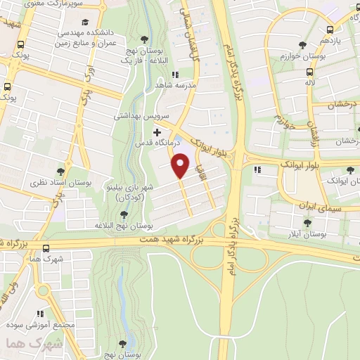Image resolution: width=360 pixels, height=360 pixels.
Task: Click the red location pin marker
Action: click(181, 165)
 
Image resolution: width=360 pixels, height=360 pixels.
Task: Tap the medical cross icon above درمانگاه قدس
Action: click(157, 132)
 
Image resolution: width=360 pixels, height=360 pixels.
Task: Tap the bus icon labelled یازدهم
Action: click(330, 30)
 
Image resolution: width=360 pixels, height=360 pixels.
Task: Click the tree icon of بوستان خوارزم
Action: click(307, 45)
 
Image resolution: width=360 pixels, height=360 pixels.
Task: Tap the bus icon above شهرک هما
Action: click(46, 248)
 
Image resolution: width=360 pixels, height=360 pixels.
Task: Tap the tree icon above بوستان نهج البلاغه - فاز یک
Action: click(145, 38)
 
